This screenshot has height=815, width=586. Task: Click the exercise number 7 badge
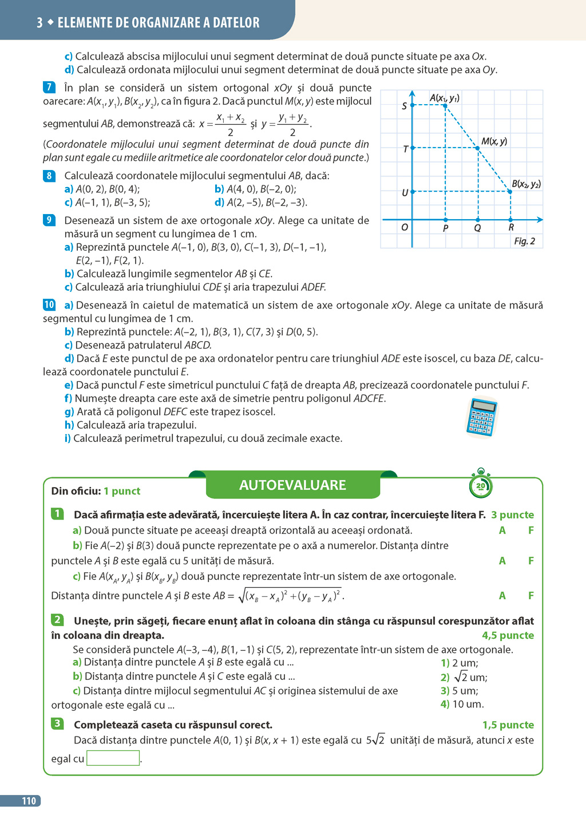pyautogui.click(x=49, y=88)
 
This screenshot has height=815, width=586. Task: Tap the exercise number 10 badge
pyautogui.click(x=49, y=305)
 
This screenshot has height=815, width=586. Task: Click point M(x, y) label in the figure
pyautogui.click(x=494, y=141)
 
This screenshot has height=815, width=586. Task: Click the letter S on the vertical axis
pyautogui.click(x=405, y=106)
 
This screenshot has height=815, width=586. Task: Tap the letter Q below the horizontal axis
pyautogui.click(x=477, y=228)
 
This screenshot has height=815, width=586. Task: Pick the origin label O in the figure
pyautogui.click(x=405, y=227)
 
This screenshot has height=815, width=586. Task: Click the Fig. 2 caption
pyautogui.click(x=524, y=241)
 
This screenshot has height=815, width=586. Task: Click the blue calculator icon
pyautogui.click(x=481, y=417)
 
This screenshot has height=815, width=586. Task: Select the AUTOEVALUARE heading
pyautogui.click(x=292, y=485)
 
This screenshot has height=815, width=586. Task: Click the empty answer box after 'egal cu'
pyautogui.click(x=113, y=758)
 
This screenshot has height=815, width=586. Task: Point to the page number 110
pyautogui.click(x=29, y=801)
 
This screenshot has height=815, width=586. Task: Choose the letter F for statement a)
pyautogui.click(x=531, y=531)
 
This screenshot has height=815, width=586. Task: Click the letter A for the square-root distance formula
pyautogui.click(x=502, y=596)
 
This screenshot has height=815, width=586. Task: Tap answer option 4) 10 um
pyautogui.click(x=462, y=705)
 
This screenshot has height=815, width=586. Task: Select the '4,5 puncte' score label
pyautogui.click(x=508, y=635)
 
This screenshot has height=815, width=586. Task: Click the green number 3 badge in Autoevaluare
pyautogui.click(x=57, y=724)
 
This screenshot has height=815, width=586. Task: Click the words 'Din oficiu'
pyautogui.click(x=76, y=491)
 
